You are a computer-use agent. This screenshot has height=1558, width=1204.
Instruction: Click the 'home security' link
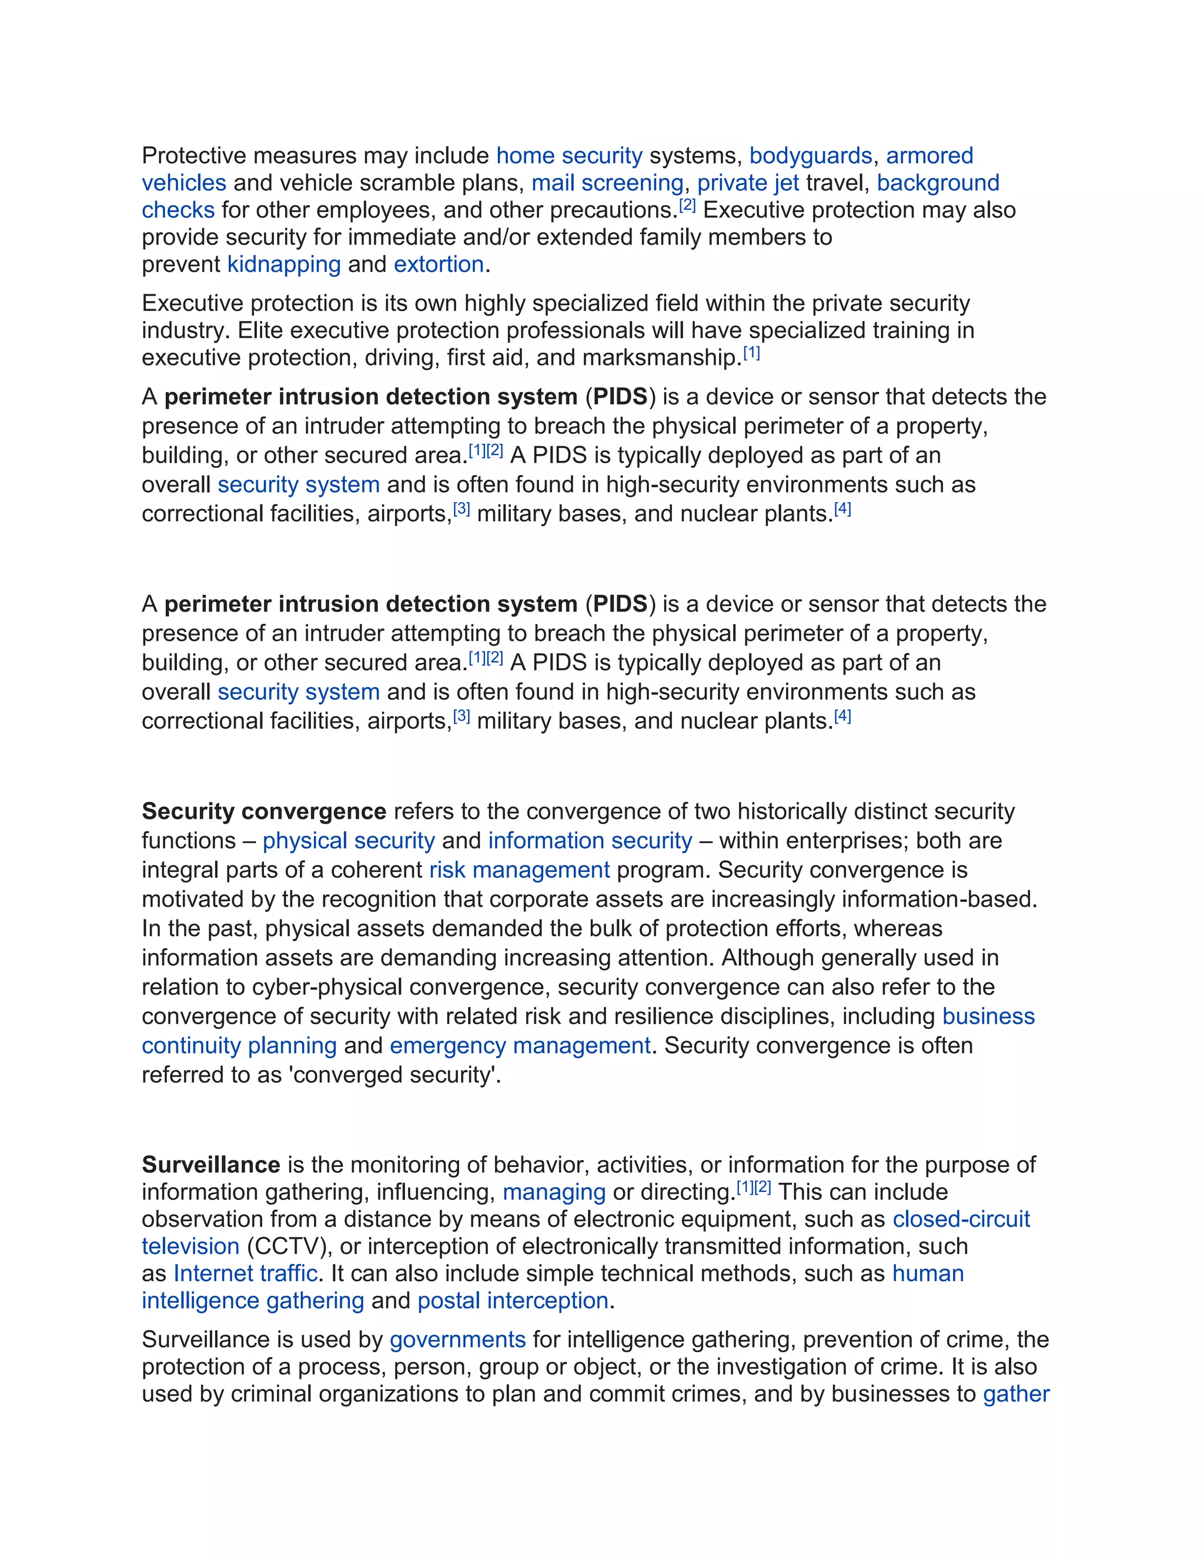[569, 156]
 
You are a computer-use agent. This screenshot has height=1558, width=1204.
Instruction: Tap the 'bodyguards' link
[810, 156]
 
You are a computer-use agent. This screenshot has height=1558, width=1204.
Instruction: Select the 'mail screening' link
[607, 183]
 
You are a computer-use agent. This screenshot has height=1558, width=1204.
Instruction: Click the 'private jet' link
[748, 183]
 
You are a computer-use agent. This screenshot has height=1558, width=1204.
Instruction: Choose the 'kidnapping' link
[284, 264]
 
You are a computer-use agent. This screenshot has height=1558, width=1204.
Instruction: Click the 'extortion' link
[439, 264]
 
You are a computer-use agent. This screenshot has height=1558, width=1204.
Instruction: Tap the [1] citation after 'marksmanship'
[752, 352]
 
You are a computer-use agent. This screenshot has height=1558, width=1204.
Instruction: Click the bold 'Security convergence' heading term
[264, 811]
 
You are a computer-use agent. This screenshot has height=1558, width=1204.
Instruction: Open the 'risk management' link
[519, 870]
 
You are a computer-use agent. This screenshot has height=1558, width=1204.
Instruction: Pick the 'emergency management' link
[520, 1045]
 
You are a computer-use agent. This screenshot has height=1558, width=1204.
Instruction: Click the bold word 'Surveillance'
[211, 1164]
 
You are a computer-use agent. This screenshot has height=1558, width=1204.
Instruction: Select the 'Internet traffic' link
[245, 1273]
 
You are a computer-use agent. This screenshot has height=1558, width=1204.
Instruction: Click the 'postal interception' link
[513, 1300]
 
